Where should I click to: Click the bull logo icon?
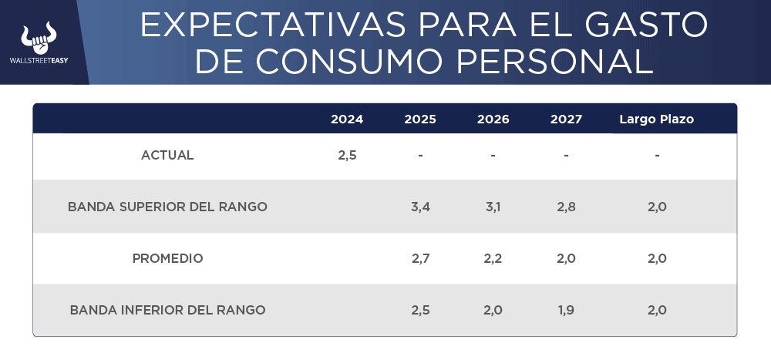coord(39,36)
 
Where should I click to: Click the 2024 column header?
coord(347,119)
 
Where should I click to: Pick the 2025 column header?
coord(420,119)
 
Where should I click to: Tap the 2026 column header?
coord(493,119)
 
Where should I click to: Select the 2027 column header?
coord(566,119)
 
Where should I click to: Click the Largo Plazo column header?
coord(657,119)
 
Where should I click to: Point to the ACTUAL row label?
coord(167,155)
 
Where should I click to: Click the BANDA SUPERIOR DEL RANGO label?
coord(167,207)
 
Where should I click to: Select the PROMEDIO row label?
coord(167,258)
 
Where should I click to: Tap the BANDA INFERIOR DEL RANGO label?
coord(167,310)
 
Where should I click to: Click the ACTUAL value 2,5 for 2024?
coord(347,155)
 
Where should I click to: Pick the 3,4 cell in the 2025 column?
coord(420,207)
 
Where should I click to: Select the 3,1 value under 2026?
coord(493,207)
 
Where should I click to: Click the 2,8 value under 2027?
coord(566,207)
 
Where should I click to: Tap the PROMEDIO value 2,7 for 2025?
coord(420,258)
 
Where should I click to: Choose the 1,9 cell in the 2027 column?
coord(566,310)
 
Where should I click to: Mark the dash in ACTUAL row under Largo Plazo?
coord(657,156)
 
